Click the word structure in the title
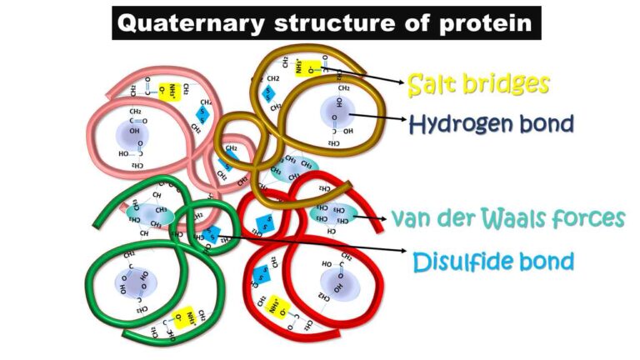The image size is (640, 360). click(x=336, y=22)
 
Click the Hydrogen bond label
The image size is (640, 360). click(x=491, y=124)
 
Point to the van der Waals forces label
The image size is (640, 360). click(x=508, y=218)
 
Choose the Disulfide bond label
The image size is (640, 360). click(x=493, y=262)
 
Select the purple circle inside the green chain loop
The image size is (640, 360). click(x=132, y=281)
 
